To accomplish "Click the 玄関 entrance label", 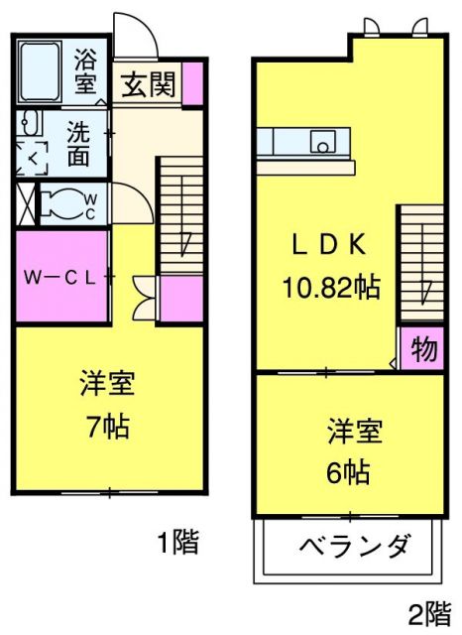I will tap(150, 84).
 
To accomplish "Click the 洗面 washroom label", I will tap(80, 141).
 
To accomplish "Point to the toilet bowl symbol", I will tap(64, 204).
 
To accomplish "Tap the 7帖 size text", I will tap(108, 429).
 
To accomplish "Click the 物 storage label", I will tap(421, 349).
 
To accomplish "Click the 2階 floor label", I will tap(427, 612).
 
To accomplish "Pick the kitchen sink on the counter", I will tap(323, 142).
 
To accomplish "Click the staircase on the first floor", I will tap(180, 218).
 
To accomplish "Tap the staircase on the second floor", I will tap(421, 263).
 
